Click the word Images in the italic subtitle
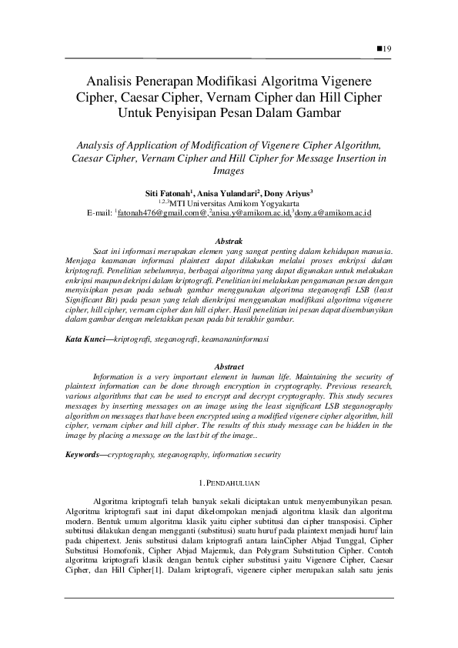228,172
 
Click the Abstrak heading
229,241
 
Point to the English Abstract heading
229,366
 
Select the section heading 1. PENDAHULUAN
228,483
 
